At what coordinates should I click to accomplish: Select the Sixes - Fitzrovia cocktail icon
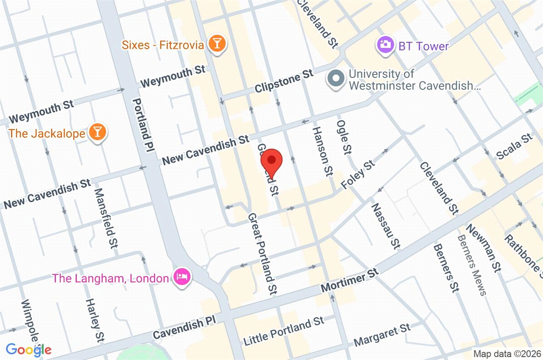coord(218,44)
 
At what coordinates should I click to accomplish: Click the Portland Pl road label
coord(143,123)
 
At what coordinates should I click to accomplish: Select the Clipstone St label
coord(284,81)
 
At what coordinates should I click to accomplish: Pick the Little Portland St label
coord(284,331)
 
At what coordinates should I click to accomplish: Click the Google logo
coord(28,349)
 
